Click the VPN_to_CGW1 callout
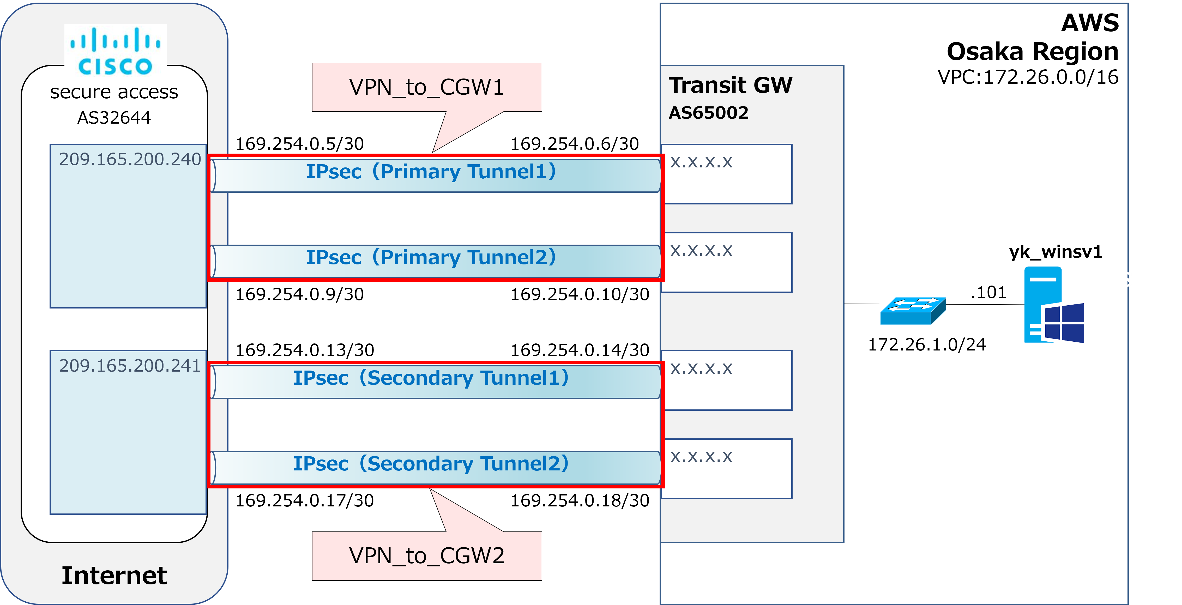pyautogui.click(x=427, y=87)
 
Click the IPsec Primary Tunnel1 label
pyautogui.click(x=431, y=172)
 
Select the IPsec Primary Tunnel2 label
pyautogui.click(x=431, y=257)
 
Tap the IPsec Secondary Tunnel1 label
pyautogui.click(x=431, y=378)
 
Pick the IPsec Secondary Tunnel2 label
pyautogui.click(x=431, y=464)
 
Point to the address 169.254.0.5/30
pyautogui.click(x=300, y=144)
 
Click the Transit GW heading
pyautogui.click(x=731, y=85)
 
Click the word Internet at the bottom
pyautogui.click(x=114, y=576)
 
